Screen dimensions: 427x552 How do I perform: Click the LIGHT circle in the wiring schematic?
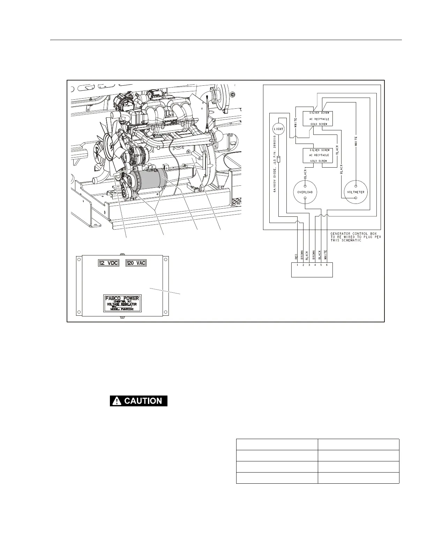click(279, 129)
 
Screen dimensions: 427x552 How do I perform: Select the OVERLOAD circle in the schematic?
click(305, 192)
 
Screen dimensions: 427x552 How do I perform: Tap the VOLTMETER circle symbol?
click(356, 192)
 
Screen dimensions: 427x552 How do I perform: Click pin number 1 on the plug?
click(297, 265)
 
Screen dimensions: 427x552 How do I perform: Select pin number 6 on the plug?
click(327, 265)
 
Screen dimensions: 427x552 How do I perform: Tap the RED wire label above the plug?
click(297, 256)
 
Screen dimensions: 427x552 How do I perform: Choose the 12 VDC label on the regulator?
click(108, 263)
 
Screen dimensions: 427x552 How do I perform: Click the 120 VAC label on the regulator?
click(136, 263)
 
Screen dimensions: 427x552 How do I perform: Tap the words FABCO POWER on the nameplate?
click(122, 298)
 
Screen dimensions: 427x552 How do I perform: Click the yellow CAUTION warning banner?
click(139, 401)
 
